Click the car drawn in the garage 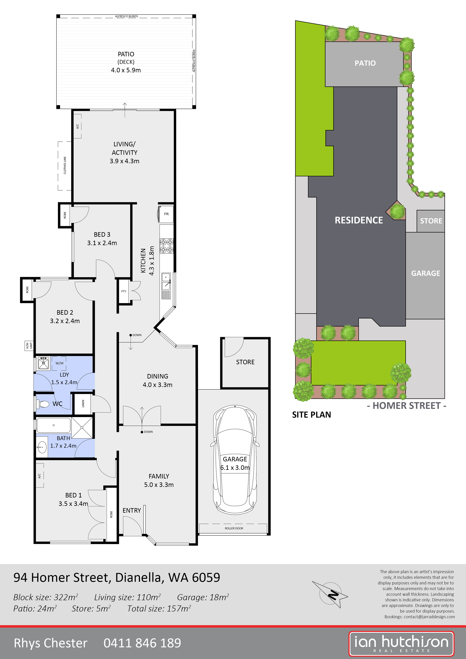click(x=235, y=459)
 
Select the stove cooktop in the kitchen click(x=166, y=246)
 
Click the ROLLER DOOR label click(x=234, y=528)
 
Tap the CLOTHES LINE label click(x=65, y=165)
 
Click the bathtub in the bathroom click(x=53, y=425)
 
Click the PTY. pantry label click(x=124, y=291)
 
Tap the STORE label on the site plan click(x=431, y=221)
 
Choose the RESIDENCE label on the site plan click(x=359, y=220)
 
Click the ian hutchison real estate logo click(x=401, y=643)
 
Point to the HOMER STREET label click(x=406, y=406)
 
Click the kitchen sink click(x=166, y=281)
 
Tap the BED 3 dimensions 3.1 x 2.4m click(x=102, y=243)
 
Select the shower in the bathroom click(x=82, y=428)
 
